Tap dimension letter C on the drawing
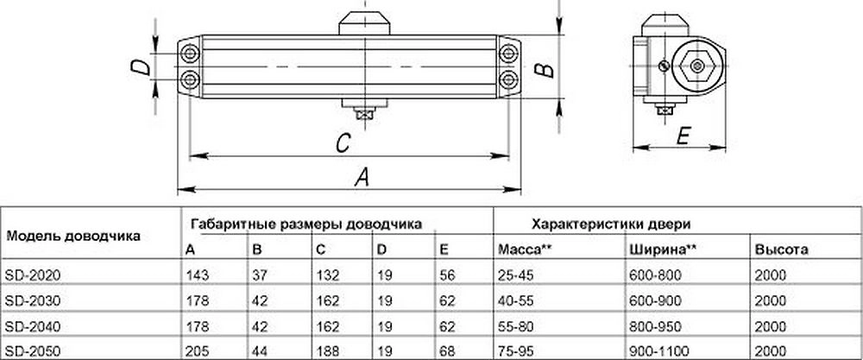point(343,142)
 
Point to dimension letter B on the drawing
point(541,69)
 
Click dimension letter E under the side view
point(681,136)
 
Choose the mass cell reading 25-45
point(515,275)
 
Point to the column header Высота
point(781,249)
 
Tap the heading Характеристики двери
point(611,223)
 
